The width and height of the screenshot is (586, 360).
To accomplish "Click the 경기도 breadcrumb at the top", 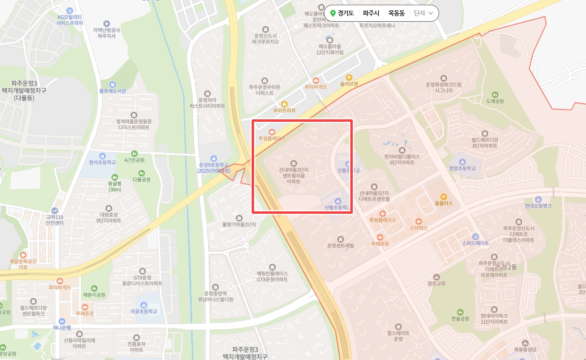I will [346, 13].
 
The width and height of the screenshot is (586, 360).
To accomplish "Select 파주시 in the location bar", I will [371, 13].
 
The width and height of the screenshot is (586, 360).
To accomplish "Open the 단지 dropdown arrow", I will [431, 13].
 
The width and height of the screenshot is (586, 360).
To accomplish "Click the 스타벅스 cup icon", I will [418, 221].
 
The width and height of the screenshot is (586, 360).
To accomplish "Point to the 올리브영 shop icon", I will [349, 77].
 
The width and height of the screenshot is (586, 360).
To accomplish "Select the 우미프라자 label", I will [284, 110].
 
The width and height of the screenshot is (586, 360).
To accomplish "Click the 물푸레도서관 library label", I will [112, 91].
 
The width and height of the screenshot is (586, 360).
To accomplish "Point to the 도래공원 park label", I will [495, 101].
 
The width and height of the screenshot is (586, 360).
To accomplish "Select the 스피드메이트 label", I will [476, 243].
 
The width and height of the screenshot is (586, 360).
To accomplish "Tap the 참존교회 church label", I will [436, 284].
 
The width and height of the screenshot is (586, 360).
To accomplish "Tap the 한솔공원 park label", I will [460, 318].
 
